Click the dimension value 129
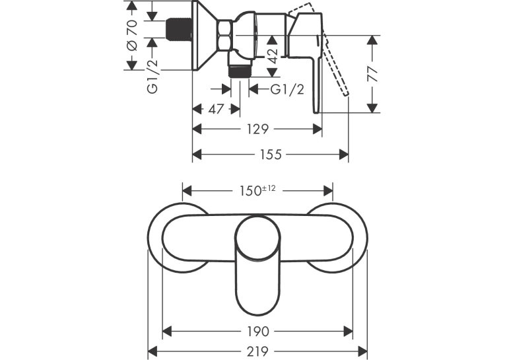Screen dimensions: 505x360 coord(257,129)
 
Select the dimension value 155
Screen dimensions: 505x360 coord(271,155)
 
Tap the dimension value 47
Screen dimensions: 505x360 coord(216,109)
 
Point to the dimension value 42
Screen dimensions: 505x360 coord(273,56)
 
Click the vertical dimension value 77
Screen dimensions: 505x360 coord(372,74)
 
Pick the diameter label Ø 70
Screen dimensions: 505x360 coord(132,35)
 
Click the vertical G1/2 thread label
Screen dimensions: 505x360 coord(152,76)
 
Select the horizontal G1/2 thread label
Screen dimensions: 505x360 coord(287,89)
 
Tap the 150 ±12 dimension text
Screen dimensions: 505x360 coord(257,190)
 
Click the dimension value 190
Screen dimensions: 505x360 coord(257,331)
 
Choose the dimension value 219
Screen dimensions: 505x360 coord(257,351)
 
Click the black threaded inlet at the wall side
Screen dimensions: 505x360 coord(179,30)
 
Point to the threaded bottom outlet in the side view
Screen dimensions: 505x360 coord(239,71)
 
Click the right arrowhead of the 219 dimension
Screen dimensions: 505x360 coord(362,351)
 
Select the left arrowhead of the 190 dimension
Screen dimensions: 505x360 coord(167,331)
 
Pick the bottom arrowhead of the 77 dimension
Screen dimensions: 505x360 coord(372,108)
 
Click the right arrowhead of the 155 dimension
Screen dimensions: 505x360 coord(344,155)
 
